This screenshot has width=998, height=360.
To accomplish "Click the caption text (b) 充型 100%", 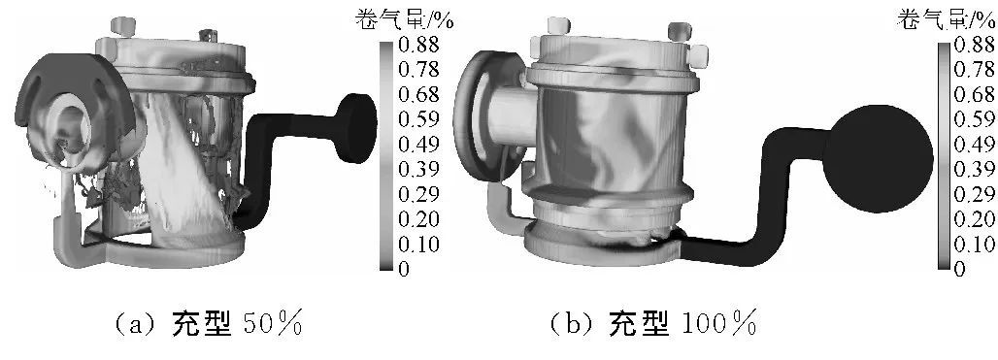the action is tap(652, 324).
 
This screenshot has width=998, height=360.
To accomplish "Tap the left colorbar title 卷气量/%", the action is tap(405, 20).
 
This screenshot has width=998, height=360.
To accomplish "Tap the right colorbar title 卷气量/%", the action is tap(947, 20).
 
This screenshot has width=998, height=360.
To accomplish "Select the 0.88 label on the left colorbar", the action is tap(418, 46).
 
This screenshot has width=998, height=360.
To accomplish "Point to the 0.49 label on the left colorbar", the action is tap(418, 145).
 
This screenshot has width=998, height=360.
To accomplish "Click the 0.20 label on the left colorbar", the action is tap(418, 219).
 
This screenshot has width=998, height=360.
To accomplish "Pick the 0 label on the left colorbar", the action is tap(404, 269).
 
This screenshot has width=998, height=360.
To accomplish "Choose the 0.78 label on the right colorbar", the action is tap(975, 70).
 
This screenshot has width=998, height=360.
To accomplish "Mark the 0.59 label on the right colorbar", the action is tap(975, 119).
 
